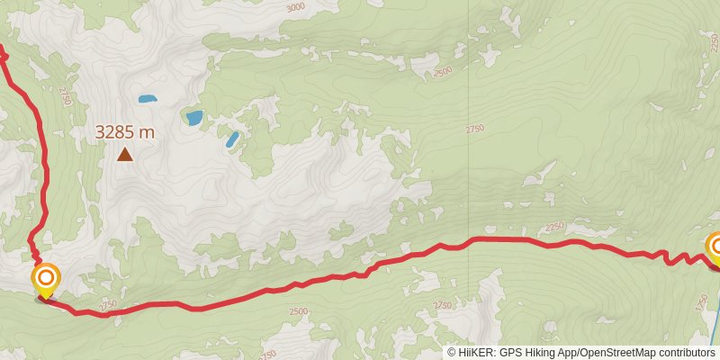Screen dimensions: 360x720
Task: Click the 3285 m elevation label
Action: coord(125,132)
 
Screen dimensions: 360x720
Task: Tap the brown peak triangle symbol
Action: coord(125,155)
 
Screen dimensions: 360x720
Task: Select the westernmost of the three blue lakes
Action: coord(147,98)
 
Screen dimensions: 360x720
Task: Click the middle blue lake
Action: coord(193,117)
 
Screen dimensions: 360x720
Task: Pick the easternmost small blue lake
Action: coord(232,139)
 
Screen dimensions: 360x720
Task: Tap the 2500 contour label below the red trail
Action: coord(299,311)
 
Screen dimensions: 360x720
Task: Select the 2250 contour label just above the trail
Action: coord(553,226)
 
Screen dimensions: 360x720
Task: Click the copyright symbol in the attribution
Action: coord(452,353)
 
